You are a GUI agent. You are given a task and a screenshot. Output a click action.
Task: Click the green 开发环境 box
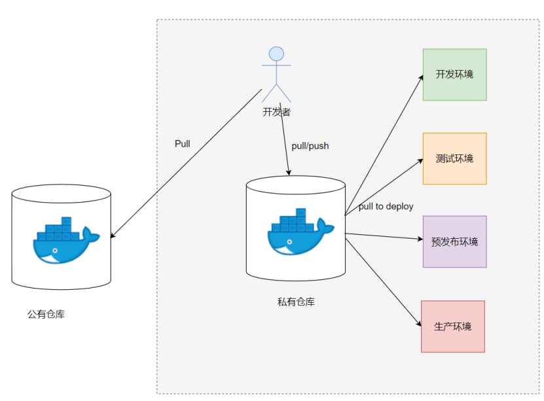pos(454,75)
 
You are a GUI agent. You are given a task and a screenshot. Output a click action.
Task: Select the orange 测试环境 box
pos(454,158)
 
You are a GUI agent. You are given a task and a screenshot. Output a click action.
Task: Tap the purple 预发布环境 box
pos(454,241)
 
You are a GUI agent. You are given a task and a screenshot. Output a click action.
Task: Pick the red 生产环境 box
pos(452,326)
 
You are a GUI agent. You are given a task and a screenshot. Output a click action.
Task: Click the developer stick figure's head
pos(276,54)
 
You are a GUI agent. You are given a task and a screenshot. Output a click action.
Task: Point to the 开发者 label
pos(276,112)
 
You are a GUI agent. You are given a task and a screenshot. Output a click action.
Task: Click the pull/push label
pos(310,146)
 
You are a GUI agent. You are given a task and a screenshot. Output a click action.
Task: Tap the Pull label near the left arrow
pos(182,143)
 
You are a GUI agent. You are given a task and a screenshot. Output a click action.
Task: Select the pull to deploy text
pos(386,207)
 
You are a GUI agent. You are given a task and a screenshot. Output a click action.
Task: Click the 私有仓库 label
pos(296,302)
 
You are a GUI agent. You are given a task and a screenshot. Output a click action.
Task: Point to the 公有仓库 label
pos(46,315)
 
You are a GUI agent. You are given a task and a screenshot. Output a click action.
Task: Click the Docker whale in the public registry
pos(64,240)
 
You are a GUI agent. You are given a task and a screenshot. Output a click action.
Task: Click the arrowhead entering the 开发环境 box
pos(420,78)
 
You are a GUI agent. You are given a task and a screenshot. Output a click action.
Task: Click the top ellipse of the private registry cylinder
pos(296,185)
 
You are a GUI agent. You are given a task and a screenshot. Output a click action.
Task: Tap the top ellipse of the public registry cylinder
pos(62,194)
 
